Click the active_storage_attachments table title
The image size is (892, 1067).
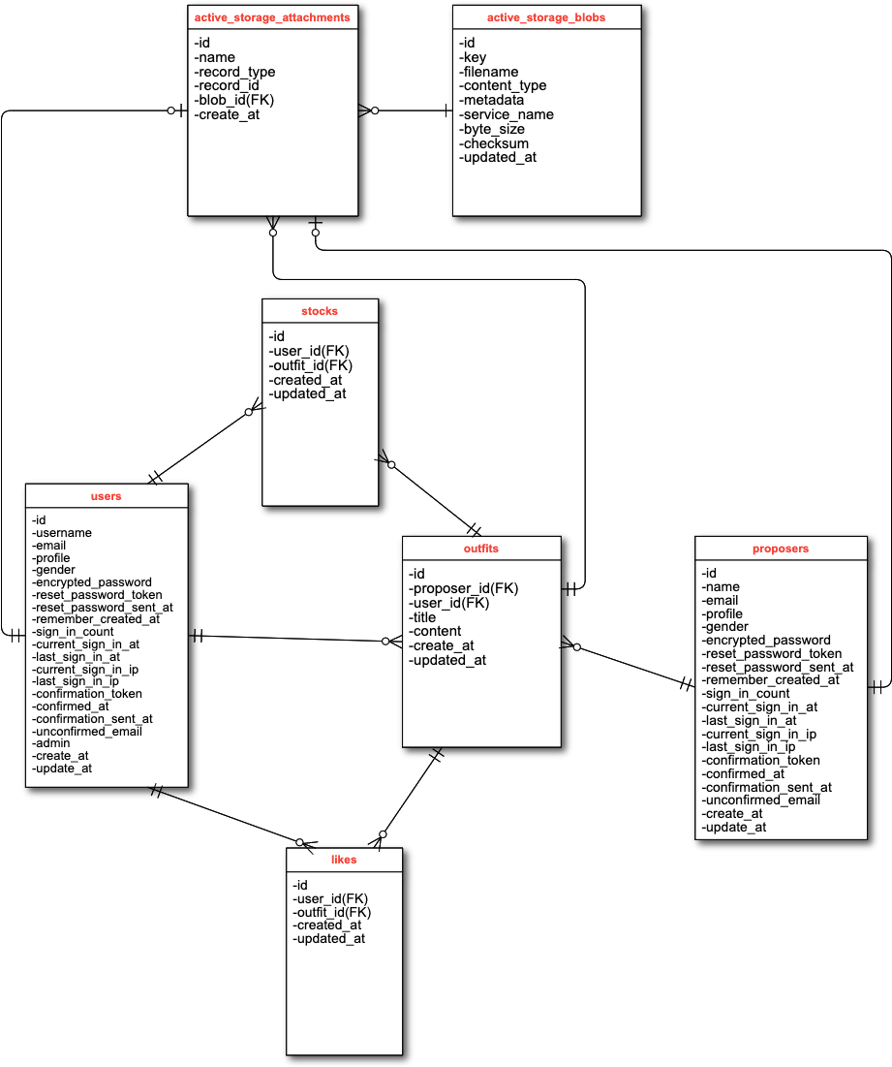272,17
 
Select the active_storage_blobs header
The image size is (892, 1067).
546,17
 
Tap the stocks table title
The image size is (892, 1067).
320,311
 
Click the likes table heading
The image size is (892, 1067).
344,860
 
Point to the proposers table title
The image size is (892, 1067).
781,549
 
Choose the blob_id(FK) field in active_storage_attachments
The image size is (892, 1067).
233,100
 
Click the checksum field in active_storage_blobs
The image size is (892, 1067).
495,143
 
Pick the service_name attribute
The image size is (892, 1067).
507,114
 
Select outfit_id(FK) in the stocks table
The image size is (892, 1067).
311,365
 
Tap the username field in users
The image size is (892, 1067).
62,533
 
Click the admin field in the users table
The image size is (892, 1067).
51,743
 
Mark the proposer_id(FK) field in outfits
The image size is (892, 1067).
464,588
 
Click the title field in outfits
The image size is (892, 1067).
423,617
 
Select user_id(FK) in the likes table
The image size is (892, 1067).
330,898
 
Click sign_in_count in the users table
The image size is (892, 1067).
73,632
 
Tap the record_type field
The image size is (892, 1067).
234,72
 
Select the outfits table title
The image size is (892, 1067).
481,549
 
